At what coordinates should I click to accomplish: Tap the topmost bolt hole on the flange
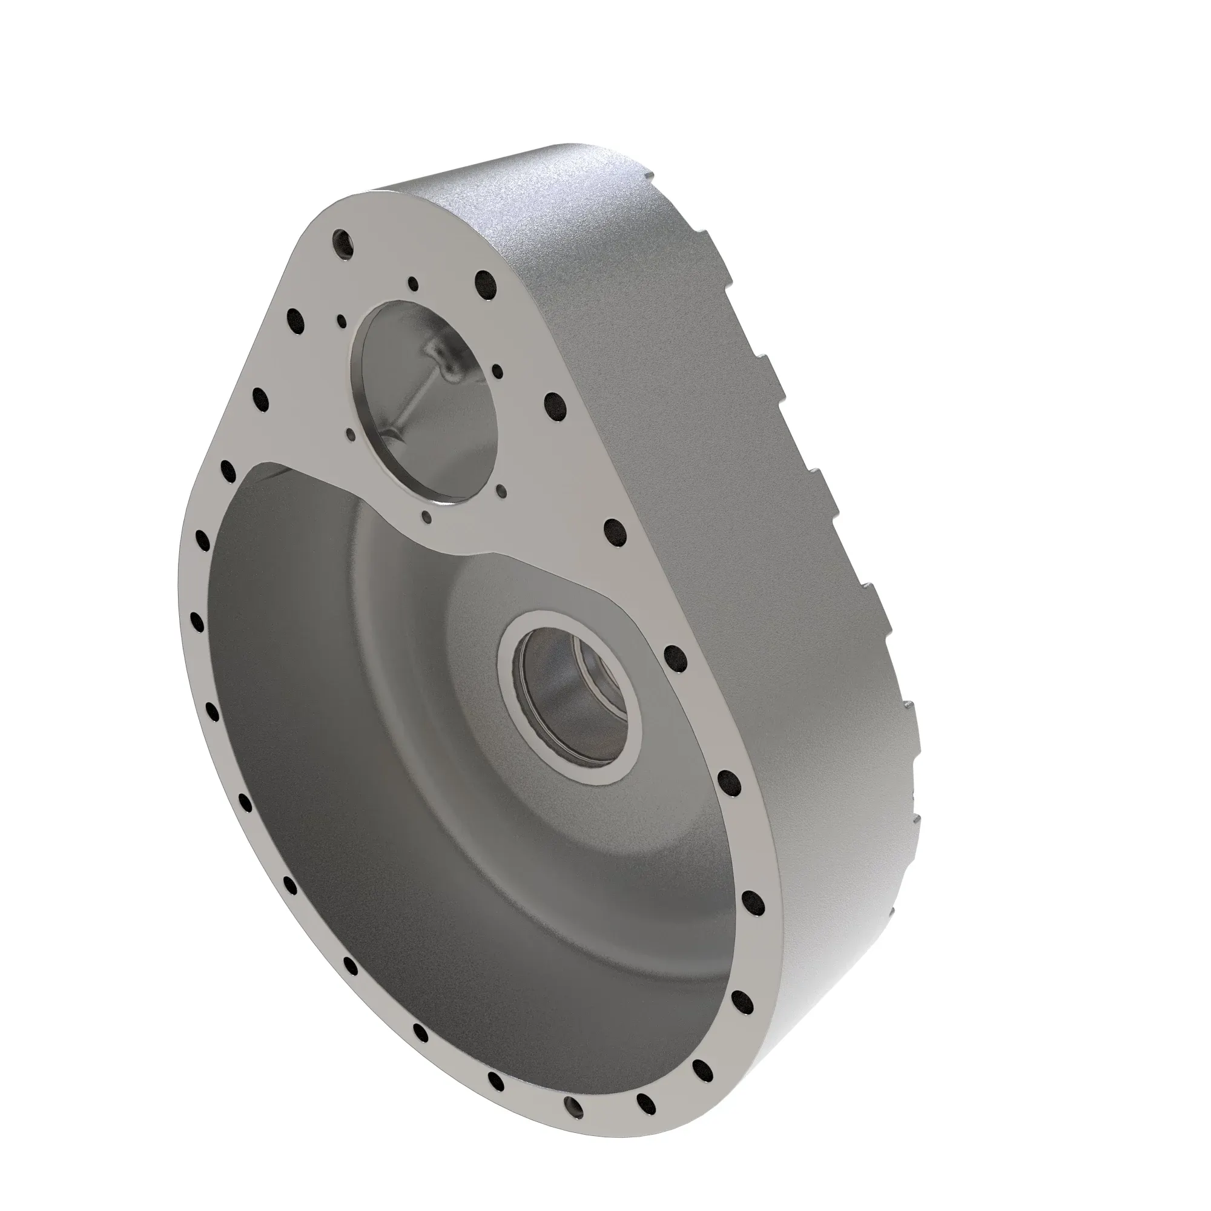coord(343,242)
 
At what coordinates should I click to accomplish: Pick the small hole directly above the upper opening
coord(412,284)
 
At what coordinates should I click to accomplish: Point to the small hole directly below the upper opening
coord(427,517)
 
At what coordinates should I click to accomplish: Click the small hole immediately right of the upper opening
coord(497,372)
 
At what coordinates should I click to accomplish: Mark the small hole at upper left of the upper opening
coord(342,321)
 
